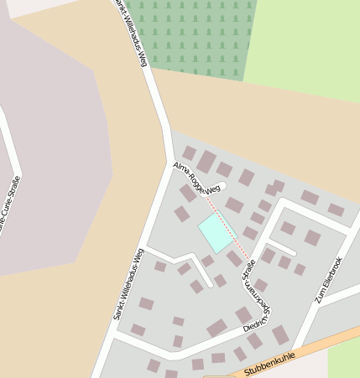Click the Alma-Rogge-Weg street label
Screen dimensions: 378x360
coord(196,177)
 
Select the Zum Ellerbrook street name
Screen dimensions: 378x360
coord(328,279)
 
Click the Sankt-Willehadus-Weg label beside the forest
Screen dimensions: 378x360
coord(134,38)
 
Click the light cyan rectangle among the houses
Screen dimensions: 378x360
coord(216,233)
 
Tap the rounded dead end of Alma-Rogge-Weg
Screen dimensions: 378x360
coord(222,186)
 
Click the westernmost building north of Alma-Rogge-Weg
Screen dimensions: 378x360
coord(190,153)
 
